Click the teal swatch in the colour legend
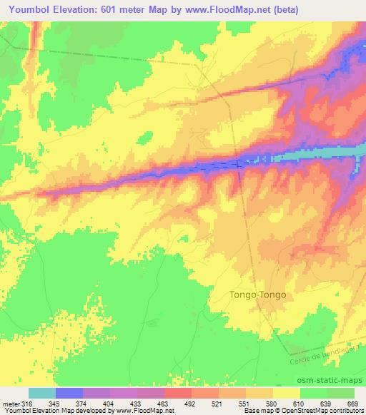pyautogui.click(x=41, y=393)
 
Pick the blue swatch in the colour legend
pyautogui.click(x=69, y=393)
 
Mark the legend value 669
pyautogui.click(x=355, y=404)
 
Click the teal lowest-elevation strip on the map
pyautogui.click(x=315, y=155)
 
